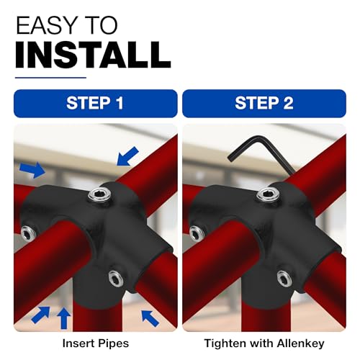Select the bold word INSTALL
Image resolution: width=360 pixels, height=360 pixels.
[x=93, y=55]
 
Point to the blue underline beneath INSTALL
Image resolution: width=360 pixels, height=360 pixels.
[x=50, y=78]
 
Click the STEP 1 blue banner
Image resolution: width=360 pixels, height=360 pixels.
[x=95, y=104]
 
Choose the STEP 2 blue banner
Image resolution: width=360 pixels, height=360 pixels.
[x=264, y=104]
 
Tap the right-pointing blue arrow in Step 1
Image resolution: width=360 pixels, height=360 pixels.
[x=32, y=170]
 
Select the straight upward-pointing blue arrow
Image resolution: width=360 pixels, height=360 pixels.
[x=64, y=318]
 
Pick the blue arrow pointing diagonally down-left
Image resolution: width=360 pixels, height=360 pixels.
[x=128, y=156]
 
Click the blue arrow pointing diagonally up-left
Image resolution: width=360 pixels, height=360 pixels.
[x=150, y=318]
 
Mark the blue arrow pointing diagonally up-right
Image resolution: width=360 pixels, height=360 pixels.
[x=40, y=315]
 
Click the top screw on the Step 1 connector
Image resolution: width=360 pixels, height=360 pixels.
[x=100, y=194]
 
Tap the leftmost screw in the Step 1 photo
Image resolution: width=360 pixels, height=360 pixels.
[x=29, y=233]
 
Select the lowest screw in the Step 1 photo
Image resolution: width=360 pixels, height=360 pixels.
[x=116, y=279]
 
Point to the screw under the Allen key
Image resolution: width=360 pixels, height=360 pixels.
[x=269, y=194]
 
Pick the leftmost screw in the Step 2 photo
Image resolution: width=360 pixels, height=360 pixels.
[x=197, y=233]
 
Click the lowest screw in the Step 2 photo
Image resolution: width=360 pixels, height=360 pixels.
[x=284, y=279]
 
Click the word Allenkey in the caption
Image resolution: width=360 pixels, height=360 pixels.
[x=300, y=343]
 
